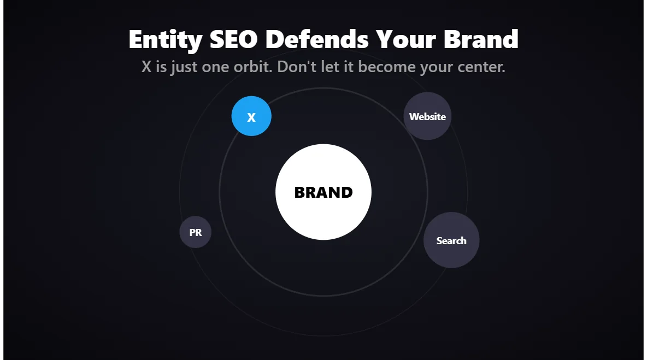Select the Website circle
[427, 116]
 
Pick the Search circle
[451, 240]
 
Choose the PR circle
[196, 232]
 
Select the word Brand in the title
[481, 39]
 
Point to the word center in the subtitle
[480, 67]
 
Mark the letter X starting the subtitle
[146, 67]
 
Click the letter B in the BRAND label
[300, 192]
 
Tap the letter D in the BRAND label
[346, 192]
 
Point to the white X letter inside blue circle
[251, 117]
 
